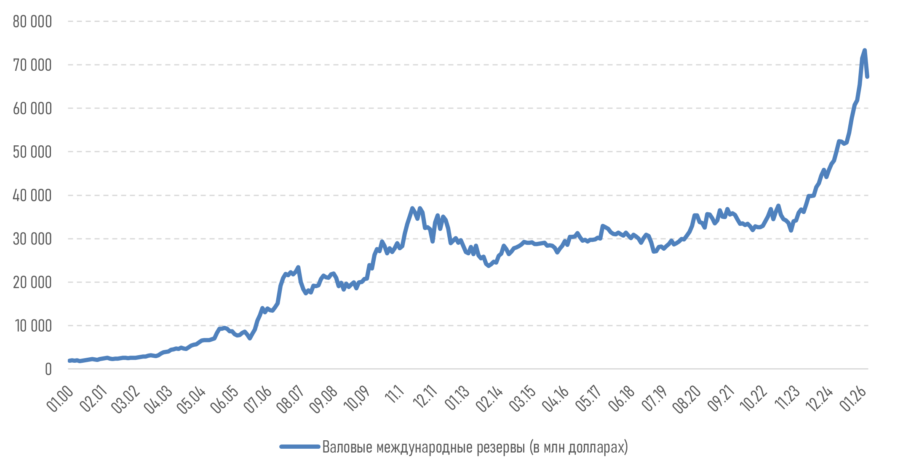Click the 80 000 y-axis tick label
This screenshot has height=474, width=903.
32,21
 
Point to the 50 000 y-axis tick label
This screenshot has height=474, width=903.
32,152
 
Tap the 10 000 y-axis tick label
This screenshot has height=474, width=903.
33,326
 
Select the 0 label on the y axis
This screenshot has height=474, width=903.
48,370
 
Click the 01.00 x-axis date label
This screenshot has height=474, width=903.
60,399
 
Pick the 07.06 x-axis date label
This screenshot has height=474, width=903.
257,399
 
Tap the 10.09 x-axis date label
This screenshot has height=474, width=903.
356,399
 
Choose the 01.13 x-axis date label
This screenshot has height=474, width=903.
457,399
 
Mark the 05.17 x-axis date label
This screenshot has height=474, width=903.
588,399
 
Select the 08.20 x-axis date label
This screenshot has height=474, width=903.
687,399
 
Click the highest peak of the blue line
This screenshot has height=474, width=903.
865,50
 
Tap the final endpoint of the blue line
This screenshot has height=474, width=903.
868,77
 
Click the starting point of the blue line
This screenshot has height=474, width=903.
69,361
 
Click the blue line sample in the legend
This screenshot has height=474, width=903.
300,447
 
